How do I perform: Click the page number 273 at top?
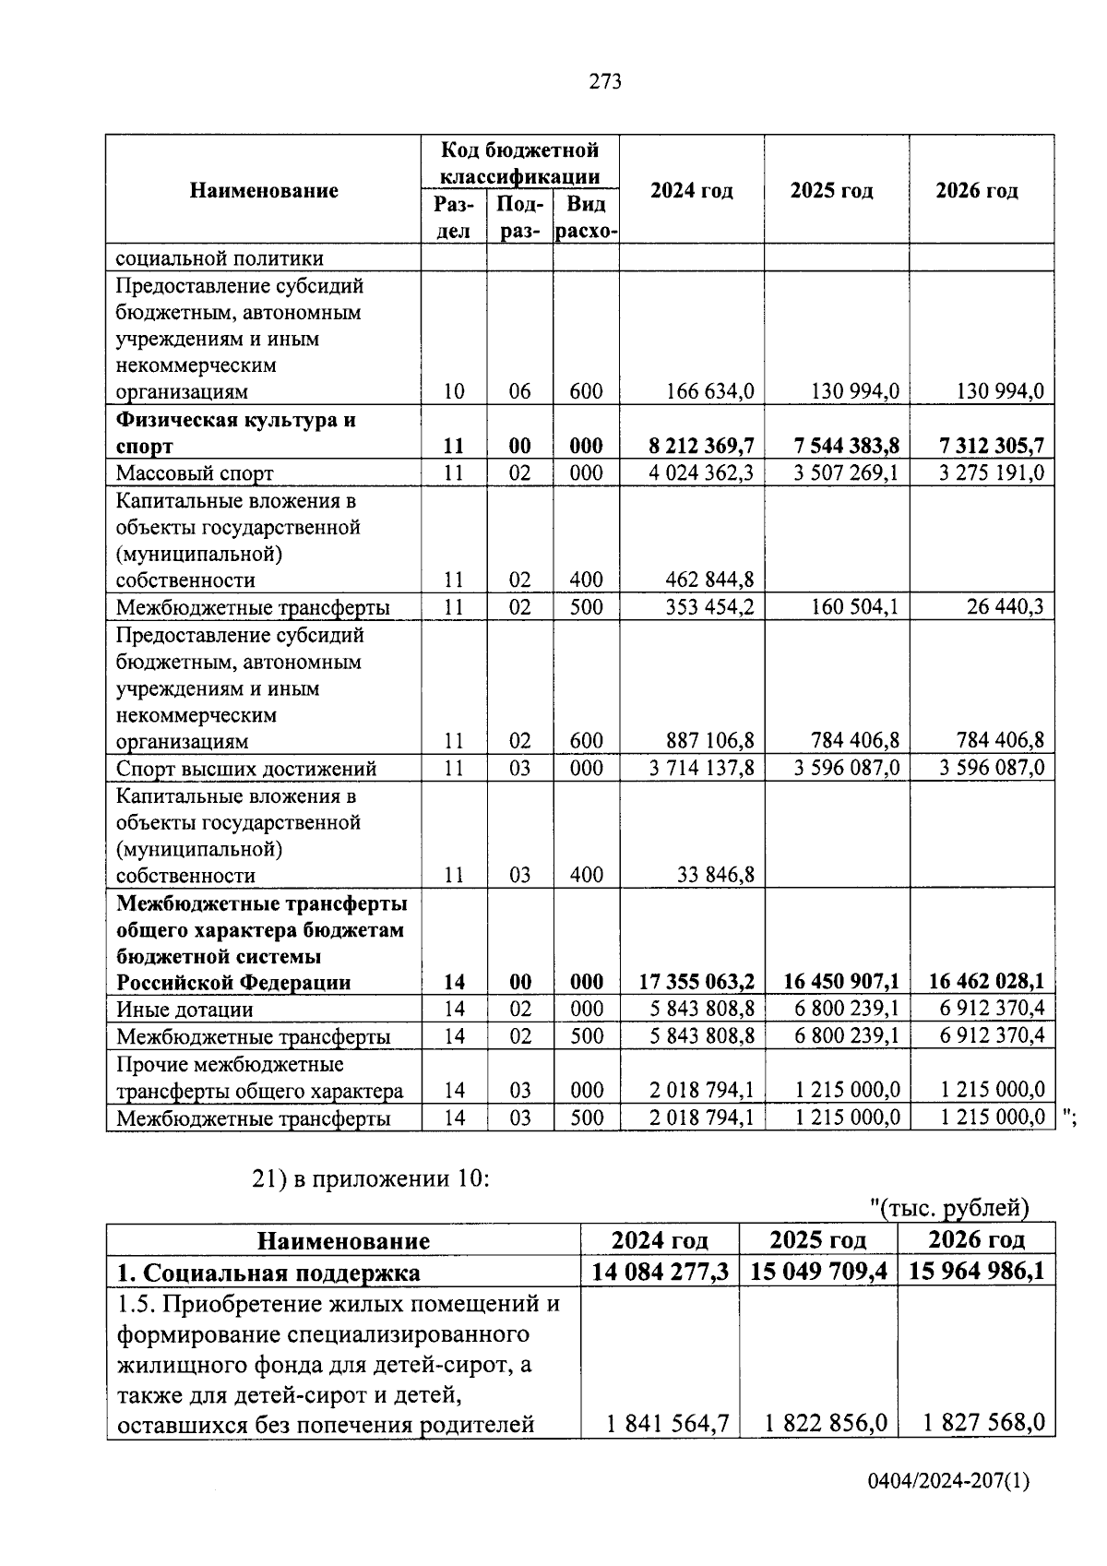click(x=605, y=82)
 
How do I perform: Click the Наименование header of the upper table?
click(x=264, y=190)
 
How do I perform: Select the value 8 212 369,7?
click(x=701, y=447)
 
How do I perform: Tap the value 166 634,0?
click(x=709, y=392)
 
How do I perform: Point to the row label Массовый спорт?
click(x=195, y=474)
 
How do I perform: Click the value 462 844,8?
click(x=709, y=580)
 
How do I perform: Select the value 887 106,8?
click(x=709, y=741)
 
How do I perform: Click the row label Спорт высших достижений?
click(x=246, y=769)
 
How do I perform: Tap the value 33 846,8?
click(x=715, y=875)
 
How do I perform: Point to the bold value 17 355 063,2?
click(x=696, y=982)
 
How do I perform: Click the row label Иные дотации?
click(x=184, y=1010)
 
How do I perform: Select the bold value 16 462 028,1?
click(x=986, y=982)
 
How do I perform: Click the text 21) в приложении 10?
click(x=370, y=1178)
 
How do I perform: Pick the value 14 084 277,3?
click(x=660, y=1272)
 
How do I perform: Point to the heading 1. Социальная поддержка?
click(x=268, y=1273)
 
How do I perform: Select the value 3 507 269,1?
click(x=846, y=474)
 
